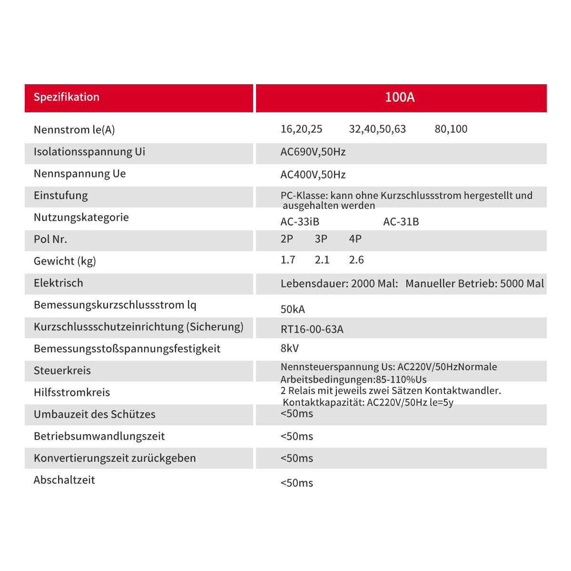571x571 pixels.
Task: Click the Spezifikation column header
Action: click(x=67, y=97)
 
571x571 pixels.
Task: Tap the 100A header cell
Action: click(x=400, y=98)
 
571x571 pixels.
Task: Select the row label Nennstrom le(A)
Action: click(x=74, y=130)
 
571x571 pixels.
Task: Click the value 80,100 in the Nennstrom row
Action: click(x=451, y=129)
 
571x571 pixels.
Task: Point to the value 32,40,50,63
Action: click(x=377, y=129)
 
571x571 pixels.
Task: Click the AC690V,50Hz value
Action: click(x=313, y=152)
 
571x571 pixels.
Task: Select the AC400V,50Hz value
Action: click(x=313, y=175)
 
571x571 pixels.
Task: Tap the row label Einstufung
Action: click(x=61, y=196)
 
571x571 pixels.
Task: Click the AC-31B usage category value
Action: click(x=401, y=222)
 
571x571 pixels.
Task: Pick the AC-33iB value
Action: click(x=300, y=222)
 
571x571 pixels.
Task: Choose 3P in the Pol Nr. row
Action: click(x=321, y=239)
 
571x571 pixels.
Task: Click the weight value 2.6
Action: click(x=356, y=260)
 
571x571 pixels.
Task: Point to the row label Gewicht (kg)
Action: click(x=65, y=261)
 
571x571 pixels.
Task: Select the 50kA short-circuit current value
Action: click(x=293, y=309)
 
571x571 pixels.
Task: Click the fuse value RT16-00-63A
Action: click(x=312, y=329)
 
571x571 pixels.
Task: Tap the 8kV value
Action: click(x=290, y=348)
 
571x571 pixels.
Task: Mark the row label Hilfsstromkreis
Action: click(x=72, y=393)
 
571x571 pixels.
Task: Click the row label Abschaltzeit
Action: click(x=64, y=480)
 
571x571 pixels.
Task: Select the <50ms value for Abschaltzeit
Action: click(x=297, y=483)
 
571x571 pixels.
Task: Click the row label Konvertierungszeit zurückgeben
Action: click(x=115, y=458)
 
